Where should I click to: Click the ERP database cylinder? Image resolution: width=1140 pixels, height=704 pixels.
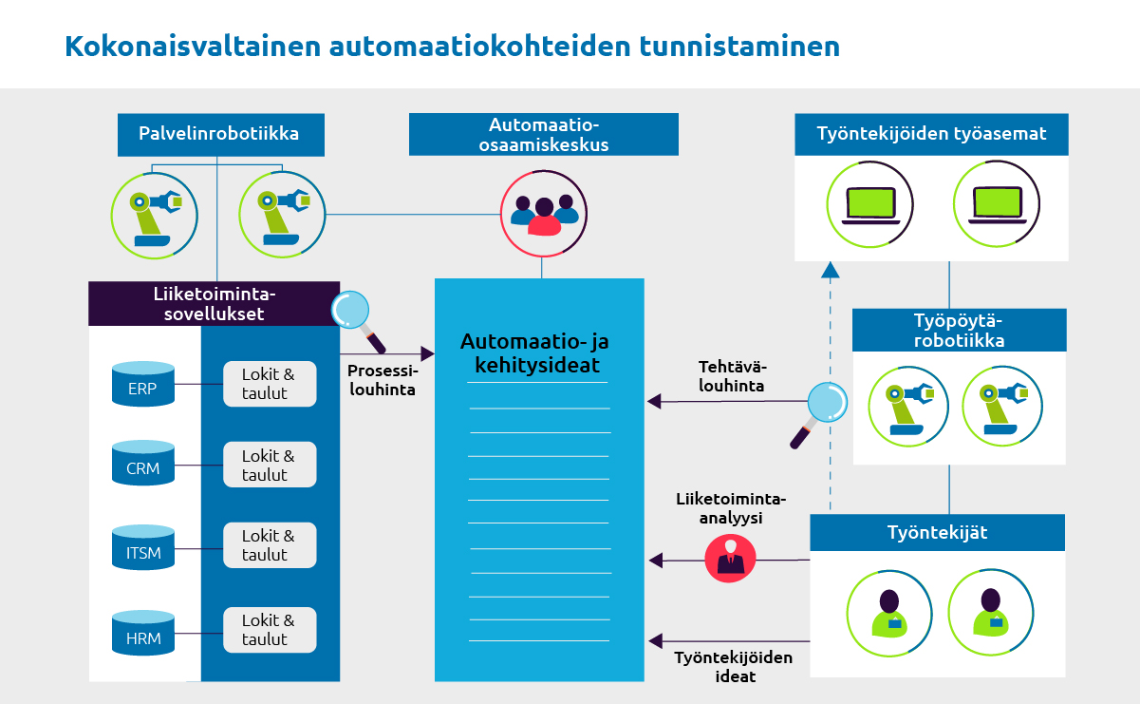point(143,382)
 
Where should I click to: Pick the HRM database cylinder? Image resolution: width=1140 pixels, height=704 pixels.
point(143,630)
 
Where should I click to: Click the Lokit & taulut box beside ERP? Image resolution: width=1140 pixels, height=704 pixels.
point(269,384)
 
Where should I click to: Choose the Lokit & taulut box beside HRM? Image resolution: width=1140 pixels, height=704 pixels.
point(269,629)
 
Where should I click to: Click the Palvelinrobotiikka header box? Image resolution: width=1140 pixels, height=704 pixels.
point(219,134)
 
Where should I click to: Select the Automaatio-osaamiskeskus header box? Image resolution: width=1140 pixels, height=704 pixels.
point(543,135)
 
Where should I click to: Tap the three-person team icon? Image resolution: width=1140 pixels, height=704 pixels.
point(543,210)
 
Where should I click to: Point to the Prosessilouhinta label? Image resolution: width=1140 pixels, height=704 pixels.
point(382,379)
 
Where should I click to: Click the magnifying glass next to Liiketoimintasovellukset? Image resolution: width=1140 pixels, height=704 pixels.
point(358,316)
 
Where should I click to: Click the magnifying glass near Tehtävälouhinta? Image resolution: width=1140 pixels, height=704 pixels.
point(819,410)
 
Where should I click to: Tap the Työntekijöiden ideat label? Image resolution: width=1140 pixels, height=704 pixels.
point(734,667)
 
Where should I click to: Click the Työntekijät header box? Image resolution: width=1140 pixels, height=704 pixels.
point(937,533)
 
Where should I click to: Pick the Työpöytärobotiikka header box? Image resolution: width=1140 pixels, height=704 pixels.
point(959,330)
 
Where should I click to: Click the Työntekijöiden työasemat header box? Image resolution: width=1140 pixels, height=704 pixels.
point(931,134)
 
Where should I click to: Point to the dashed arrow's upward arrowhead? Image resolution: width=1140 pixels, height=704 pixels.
point(831,269)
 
